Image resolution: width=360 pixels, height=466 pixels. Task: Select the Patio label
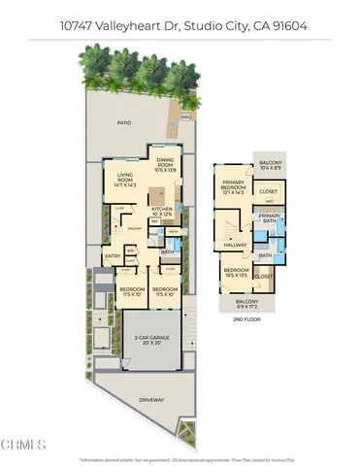coord(124,123)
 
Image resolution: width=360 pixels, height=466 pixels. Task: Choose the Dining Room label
coord(165,164)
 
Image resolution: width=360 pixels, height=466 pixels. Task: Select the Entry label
coord(114,255)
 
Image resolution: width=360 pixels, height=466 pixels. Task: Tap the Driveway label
coord(149,399)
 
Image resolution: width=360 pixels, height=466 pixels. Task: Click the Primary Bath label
coord(269,217)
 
